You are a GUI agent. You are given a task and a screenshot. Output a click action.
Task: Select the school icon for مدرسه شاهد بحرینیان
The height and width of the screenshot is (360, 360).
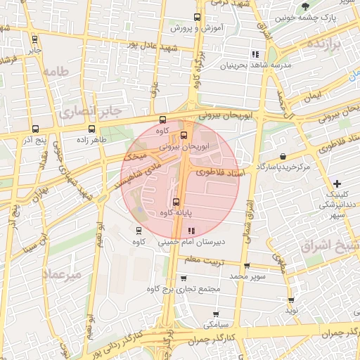click(x=255, y=53)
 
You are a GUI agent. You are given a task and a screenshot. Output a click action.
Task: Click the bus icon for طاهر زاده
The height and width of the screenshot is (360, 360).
click(x=91, y=129)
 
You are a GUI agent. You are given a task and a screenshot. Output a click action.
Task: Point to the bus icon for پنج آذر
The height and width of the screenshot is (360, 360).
click(x=35, y=129)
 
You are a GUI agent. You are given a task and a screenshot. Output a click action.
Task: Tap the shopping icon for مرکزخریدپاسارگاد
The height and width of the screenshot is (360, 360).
click(x=283, y=156)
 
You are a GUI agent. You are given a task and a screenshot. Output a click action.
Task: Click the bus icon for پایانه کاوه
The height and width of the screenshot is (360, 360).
click(x=176, y=202)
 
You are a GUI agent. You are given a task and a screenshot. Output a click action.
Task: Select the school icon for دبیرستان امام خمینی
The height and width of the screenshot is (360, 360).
click(x=192, y=231)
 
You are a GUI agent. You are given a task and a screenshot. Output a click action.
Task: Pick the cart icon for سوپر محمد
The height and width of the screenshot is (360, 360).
click(x=246, y=266)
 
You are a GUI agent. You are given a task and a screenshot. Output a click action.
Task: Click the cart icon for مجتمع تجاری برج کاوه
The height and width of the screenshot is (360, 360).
click(x=184, y=278)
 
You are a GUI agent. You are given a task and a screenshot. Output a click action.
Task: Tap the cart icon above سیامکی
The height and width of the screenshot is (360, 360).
click(x=215, y=314)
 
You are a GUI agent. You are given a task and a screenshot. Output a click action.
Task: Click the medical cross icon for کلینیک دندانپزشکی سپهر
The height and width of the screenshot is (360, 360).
click(x=337, y=183)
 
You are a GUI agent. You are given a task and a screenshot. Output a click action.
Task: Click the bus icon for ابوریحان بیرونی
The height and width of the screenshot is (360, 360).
click(x=184, y=135)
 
